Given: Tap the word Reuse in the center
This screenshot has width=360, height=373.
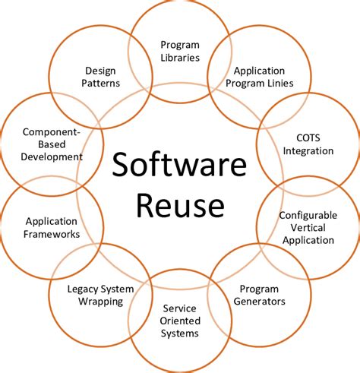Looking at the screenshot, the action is (x=180, y=204).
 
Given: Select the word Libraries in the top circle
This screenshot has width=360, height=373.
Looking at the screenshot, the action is (x=180, y=58).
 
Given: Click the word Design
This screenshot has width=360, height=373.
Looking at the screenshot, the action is (x=100, y=71).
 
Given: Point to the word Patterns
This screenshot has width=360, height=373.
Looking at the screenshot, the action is (x=100, y=83).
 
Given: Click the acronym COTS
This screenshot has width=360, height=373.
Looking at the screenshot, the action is (x=308, y=138).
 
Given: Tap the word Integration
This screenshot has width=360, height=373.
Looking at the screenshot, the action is (x=308, y=151).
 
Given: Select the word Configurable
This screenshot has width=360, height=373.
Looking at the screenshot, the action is (x=308, y=216).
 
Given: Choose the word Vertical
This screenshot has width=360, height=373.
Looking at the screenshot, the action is (x=308, y=228).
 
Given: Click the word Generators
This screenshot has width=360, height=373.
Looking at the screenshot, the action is (x=260, y=302).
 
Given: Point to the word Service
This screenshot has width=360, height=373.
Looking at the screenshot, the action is (x=180, y=308).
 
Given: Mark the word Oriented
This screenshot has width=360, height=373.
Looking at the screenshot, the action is (x=180, y=321).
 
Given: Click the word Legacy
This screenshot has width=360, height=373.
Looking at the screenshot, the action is (x=82, y=289).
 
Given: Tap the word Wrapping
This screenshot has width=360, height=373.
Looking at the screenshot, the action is (x=100, y=302).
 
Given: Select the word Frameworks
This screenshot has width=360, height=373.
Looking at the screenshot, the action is (x=52, y=234).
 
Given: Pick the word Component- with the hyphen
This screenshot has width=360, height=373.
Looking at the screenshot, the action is (x=52, y=132).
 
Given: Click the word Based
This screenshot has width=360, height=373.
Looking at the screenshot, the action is (x=52, y=144).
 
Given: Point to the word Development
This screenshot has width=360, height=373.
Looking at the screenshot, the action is (x=52, y=157).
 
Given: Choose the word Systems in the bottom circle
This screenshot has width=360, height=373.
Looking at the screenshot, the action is (x=180, y=333).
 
